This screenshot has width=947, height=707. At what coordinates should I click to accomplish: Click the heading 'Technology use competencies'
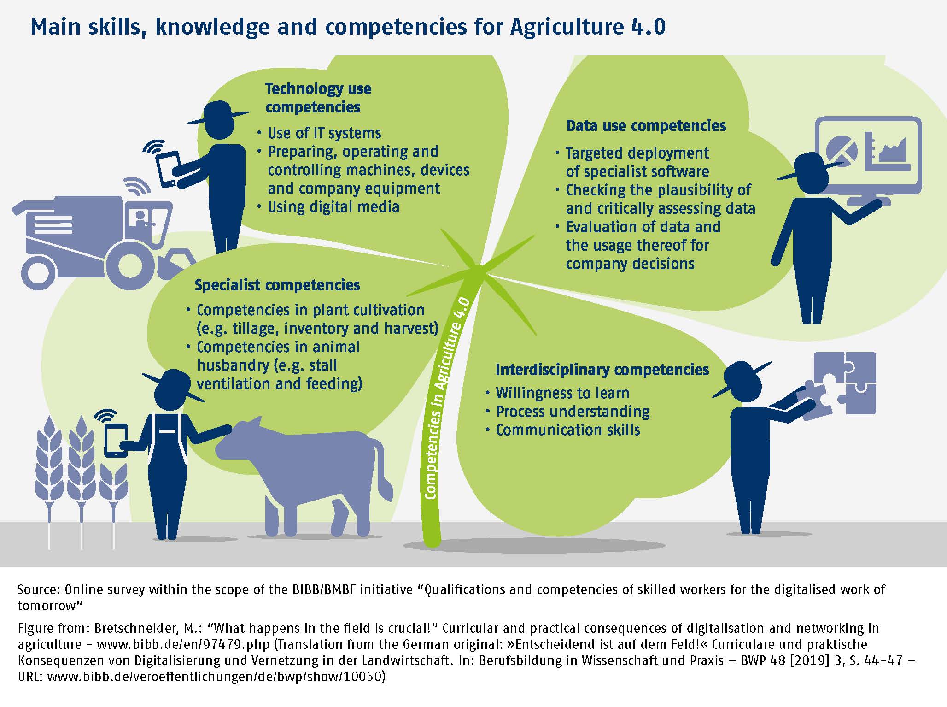(318, 98)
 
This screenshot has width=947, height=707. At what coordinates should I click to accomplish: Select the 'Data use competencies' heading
(646, 126)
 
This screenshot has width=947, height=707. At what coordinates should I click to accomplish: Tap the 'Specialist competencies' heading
(277, 285)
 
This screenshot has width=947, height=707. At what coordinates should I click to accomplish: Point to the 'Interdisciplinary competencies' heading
(602, 370)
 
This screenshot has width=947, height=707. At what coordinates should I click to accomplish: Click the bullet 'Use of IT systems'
(324, 133)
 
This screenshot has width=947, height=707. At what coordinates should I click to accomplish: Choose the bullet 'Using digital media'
(333, 207)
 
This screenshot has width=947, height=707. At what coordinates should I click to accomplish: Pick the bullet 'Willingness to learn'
(562, 393)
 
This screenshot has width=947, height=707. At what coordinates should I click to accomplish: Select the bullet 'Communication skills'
(568, 430)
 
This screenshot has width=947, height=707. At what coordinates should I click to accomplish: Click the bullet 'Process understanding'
(573, 412)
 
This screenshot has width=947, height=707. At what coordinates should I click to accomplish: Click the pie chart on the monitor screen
(842, 150)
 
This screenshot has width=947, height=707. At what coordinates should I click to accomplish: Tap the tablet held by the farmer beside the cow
(116, 440)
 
